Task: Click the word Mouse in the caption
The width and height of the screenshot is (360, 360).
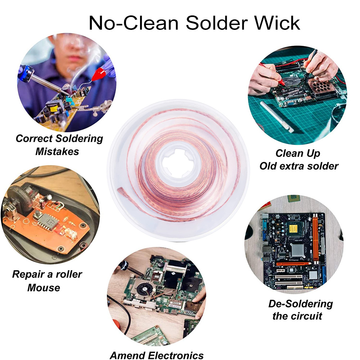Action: tap(44, 287)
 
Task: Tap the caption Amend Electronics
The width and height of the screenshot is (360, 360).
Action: tap(157, 355)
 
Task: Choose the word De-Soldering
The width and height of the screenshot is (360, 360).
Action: tap(301, 303)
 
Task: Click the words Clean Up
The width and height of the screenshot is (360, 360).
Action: tap(298, 153)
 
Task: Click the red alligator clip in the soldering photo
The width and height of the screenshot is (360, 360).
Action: tap(98, 75)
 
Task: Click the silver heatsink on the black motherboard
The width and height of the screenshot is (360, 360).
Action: tap(298, 250)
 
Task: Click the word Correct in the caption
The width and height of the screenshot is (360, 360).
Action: tap(34, 138)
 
